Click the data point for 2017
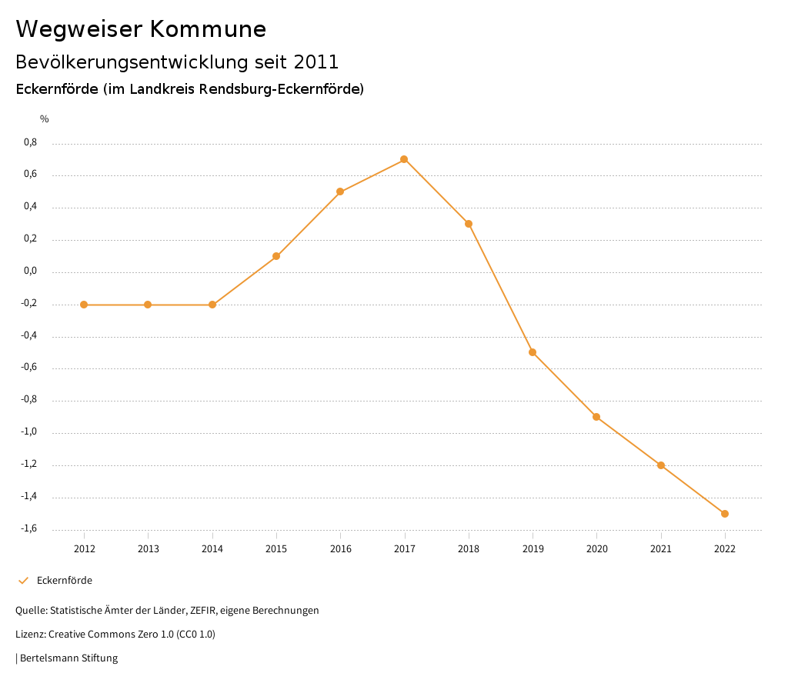[404, 159]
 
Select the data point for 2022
[725, 514]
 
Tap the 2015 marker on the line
[276, 256]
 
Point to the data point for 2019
[533, 352]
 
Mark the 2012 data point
[84, 305]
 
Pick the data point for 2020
[596, 417]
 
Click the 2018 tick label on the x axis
[469, 549]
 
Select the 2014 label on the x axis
[212, 549]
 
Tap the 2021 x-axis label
[661, 549]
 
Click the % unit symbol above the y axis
[45, 118]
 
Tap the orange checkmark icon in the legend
[23, 581]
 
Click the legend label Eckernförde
[65, 581]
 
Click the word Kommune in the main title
[208, 29]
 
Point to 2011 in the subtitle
[316, 62]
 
